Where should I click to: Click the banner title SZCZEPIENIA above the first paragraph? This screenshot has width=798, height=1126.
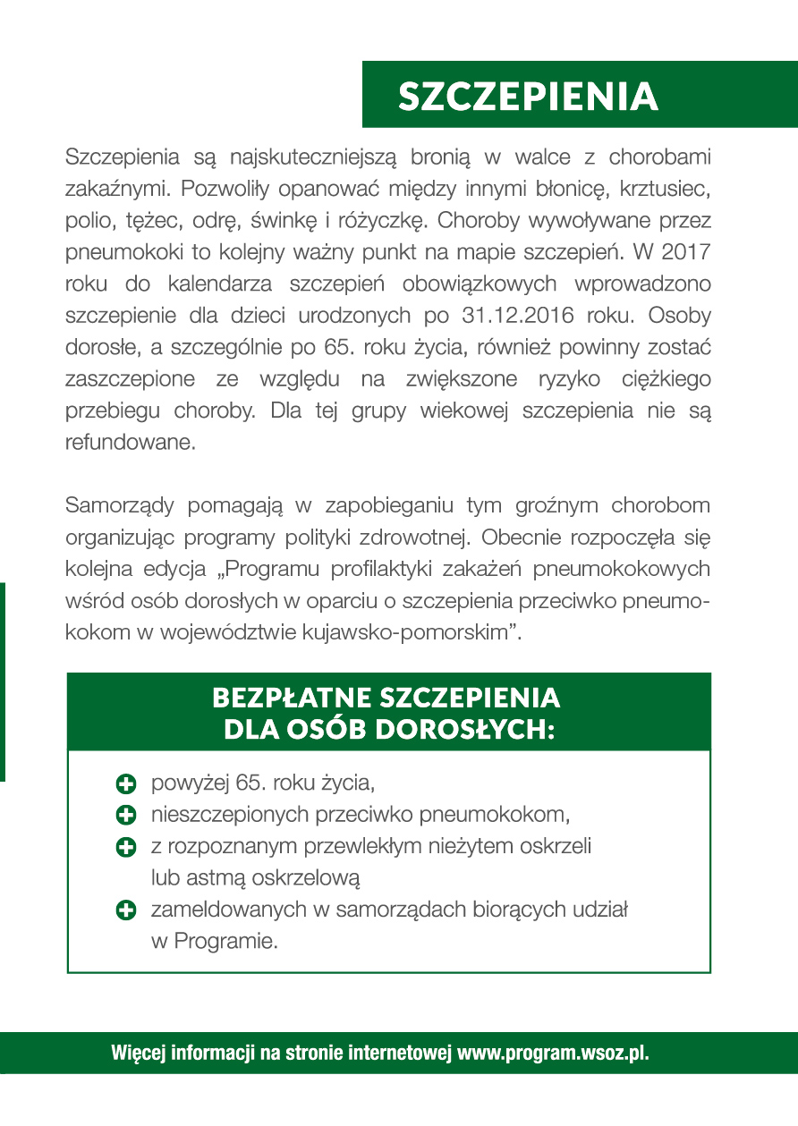tap(528, 97)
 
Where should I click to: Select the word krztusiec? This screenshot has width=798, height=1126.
tap(665, 190)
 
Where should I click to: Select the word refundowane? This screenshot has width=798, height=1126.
tap(130, 441)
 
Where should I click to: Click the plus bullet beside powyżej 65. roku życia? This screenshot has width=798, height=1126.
tap(126, 784)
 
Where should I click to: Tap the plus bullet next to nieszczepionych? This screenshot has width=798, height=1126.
tap(126, 815)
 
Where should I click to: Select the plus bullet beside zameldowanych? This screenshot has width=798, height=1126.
tap(126, 910)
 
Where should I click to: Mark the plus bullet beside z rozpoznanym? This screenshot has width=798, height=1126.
tap(126, 846)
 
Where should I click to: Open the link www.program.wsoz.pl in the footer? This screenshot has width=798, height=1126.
tap(553, 1053)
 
